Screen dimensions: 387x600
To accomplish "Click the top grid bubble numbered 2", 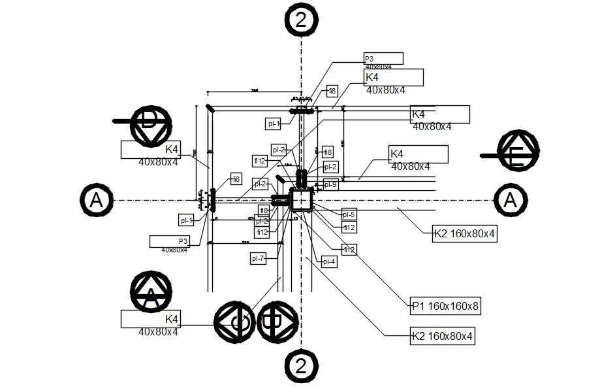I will click(300, 19).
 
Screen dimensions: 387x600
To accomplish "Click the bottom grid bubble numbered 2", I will click(300, 364).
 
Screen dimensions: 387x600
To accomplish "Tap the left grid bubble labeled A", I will click(97, 199).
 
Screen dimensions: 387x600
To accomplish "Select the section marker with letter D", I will click(151, 124).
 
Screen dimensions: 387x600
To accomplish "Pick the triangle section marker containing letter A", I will click(151, 294).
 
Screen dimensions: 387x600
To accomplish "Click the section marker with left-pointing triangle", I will click(236, 322).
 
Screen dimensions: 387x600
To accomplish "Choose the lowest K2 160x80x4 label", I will click(442, 337).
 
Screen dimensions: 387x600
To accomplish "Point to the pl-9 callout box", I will click(330, 185).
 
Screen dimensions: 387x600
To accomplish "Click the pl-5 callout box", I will click(349, 214).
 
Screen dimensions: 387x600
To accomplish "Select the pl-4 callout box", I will click(328, 261).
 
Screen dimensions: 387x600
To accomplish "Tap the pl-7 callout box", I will click(259, 259).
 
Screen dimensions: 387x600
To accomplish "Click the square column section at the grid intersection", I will click(302, 200).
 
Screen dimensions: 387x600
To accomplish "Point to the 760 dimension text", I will click(255, 90).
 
